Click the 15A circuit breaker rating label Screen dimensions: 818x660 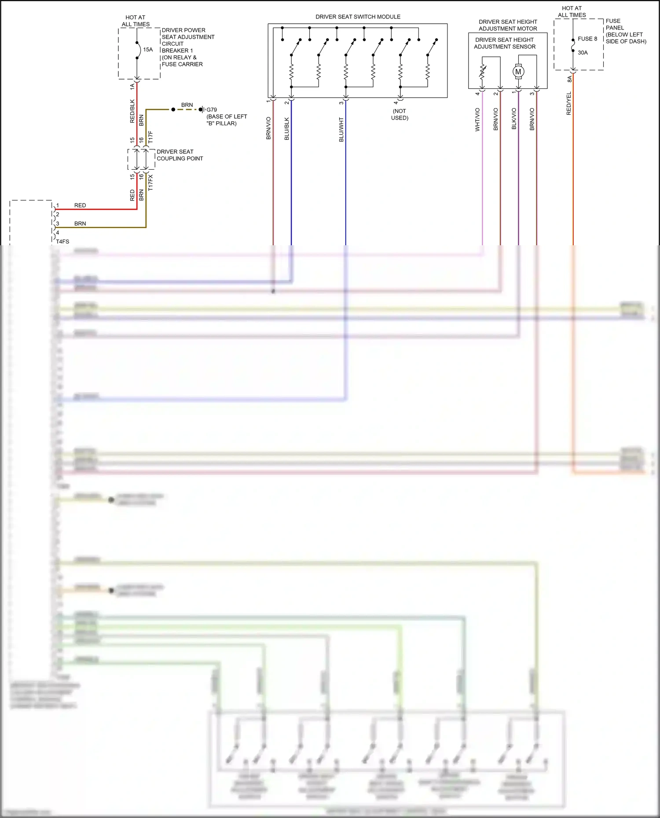coord(148,50)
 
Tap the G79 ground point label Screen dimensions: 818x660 coord(212,110)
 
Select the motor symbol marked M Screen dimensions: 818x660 coord(518,72)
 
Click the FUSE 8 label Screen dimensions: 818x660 coord(587,39)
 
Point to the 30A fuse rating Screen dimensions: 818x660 coord(583,53)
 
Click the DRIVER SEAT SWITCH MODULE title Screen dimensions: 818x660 coord(358,17)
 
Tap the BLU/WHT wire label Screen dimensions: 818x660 coord(341,129)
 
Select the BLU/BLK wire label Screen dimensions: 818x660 coord(287,129)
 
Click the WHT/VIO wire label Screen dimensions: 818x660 coord(477,120)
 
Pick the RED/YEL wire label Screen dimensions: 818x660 coord(569,104)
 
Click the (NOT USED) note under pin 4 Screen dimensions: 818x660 coord(400,114)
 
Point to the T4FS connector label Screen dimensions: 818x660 coord(62,241)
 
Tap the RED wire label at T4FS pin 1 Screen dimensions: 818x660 coord(80,205)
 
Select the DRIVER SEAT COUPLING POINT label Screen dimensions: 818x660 coord(180,155)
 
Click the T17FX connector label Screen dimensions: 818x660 coord(150,182)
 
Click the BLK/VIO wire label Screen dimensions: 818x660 coord(514,119)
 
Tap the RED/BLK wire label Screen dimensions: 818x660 coord(132,111)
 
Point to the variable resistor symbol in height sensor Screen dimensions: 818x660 coord(482,72)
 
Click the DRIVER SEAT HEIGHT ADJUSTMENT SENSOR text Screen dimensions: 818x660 coord(505,43)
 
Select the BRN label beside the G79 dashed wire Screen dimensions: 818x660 coord(187,105)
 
